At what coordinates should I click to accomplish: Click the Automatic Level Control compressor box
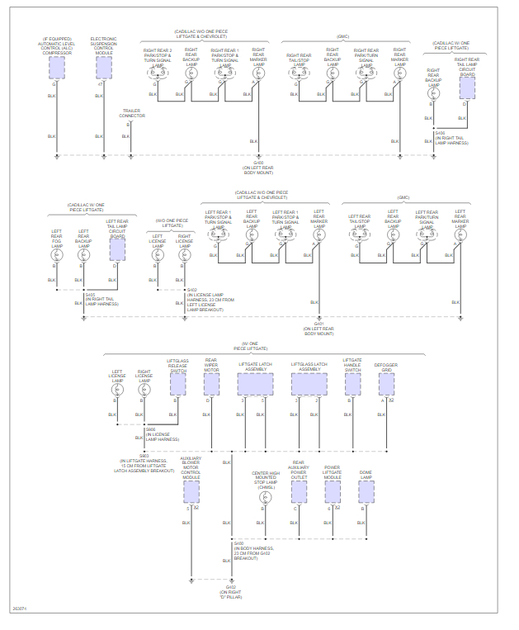pos(57,68)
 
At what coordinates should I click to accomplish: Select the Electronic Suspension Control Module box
pos(104,68)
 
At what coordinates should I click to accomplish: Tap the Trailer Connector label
pos(132,113)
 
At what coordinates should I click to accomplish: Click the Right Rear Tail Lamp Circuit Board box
pos(467,87)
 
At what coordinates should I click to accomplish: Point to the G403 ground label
pos(258,168)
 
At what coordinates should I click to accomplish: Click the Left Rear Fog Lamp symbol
pos(56,257)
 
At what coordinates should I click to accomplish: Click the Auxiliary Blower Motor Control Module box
pos(191,491)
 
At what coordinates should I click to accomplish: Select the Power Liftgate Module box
pos(332,491)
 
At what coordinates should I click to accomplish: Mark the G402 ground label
pos(230,590)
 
